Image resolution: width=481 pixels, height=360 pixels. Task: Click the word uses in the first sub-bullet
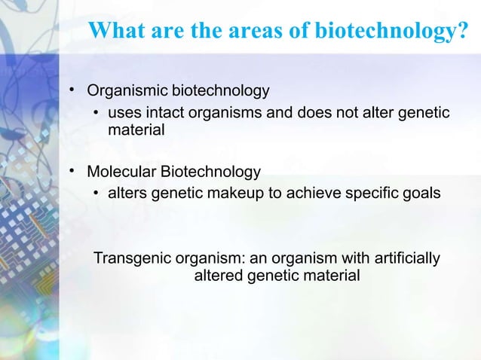(124, 114)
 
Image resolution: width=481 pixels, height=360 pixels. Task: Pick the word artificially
(403, 260)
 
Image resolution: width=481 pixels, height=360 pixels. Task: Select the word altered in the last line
(219, 276)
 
